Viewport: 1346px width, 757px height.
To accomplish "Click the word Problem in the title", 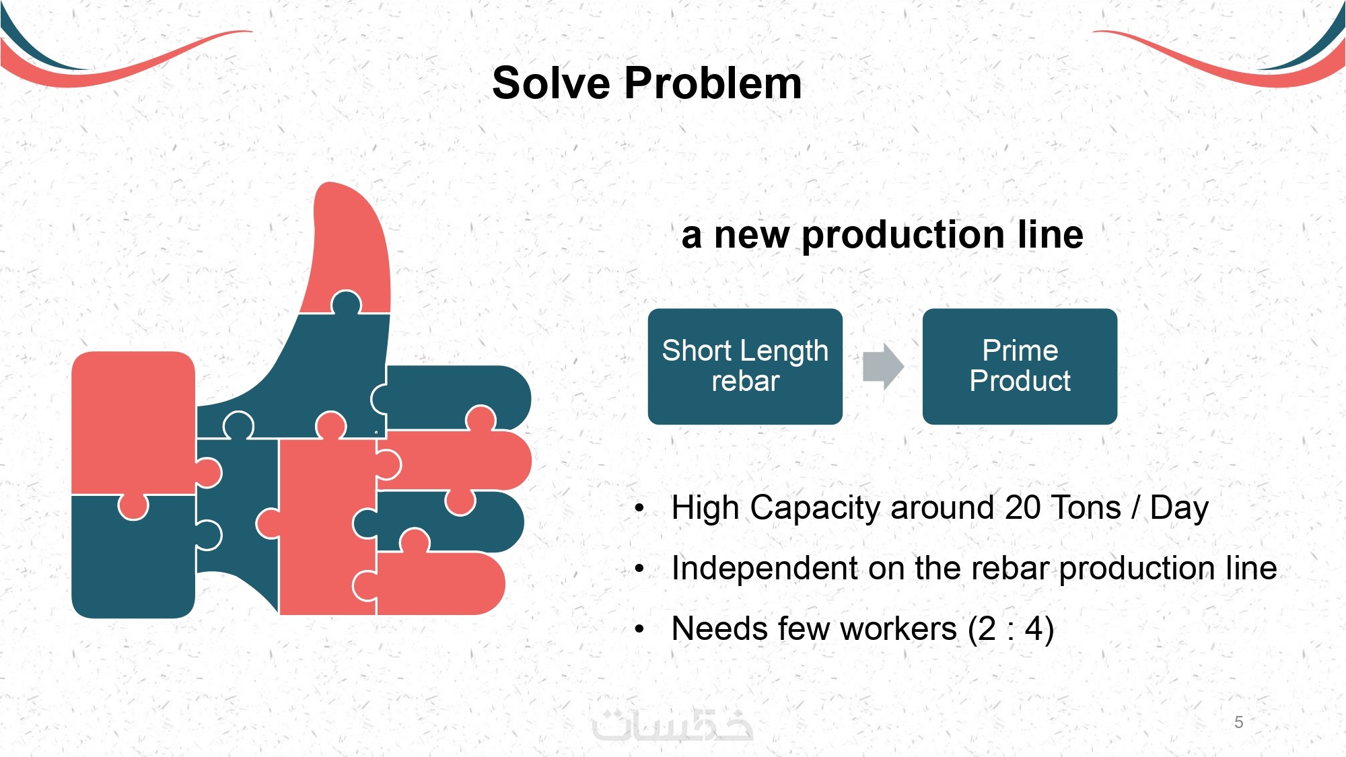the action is [713, 84].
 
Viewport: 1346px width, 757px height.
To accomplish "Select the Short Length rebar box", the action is [745, 367].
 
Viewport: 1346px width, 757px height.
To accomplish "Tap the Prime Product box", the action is [1020, 367].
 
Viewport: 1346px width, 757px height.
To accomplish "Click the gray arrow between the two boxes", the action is [883, 367].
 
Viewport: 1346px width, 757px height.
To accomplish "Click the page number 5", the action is [1238, 722].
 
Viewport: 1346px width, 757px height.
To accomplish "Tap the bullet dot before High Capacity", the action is [639, 509].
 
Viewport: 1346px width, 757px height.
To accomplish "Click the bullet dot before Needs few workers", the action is [639, 630].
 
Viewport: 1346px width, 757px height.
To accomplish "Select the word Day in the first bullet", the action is [1179, 509].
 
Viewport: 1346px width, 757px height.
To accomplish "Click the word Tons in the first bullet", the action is [1087, 507].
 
